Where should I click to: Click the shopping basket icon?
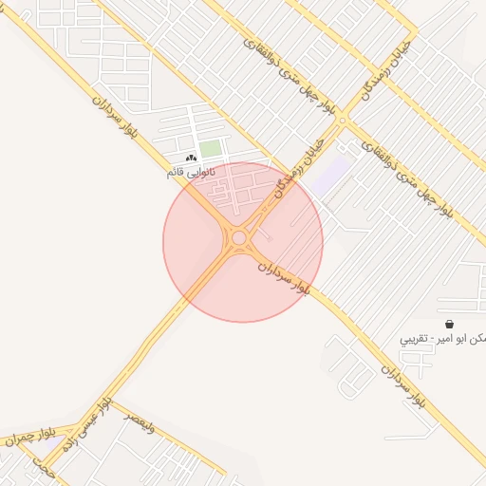(448, 324)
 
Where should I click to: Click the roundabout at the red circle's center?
(239, 238)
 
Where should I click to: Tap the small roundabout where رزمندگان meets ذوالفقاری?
(343, 122)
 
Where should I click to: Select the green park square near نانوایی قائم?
(210, 150)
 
